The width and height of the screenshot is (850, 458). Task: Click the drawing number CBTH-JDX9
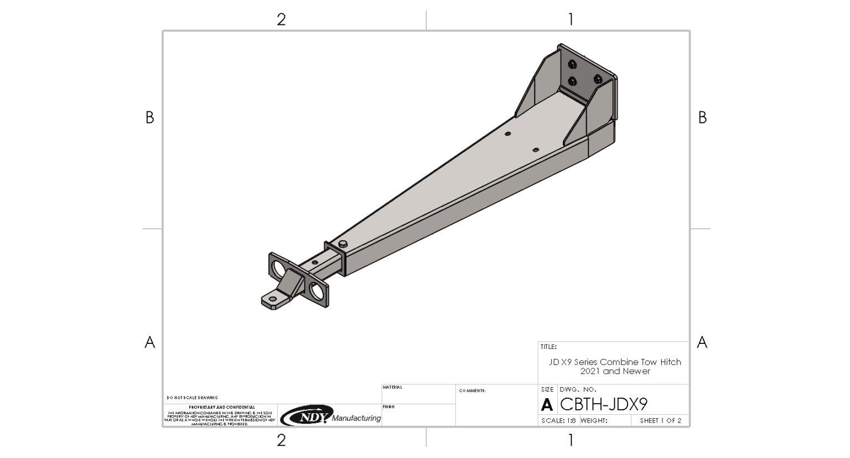pyautogui.click(x=604, y=404)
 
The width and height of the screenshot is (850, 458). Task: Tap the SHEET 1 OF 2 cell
pyautogui.click(x=660, y=421)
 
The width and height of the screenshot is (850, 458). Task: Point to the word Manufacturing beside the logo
pyautogui.click(x=356, y=418)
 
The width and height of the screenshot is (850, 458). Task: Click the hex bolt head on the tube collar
pyautogui.click(x=343, y=244)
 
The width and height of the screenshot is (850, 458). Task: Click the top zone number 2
pyautogui.click(x=281, y=19)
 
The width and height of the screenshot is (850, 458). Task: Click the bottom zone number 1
pyautogui.click(x=571, y=440)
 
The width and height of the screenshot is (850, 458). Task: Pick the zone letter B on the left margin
pyautogui.click(x=149, y=117)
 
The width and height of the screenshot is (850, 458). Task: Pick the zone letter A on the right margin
pyautogui.click(x=702, y=342)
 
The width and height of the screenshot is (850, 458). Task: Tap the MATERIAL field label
pyautogui.click(x=392, y=388)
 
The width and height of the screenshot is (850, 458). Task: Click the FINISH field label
pyautogui.click(x=388, y=407)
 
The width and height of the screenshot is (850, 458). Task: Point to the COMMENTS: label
pyautogui.click(x=472, y=391)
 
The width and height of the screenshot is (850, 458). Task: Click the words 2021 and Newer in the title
pyautogui.click(x=615, y=372)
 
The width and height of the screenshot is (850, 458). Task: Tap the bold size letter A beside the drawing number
pyautogui.click(x=547, y=405)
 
